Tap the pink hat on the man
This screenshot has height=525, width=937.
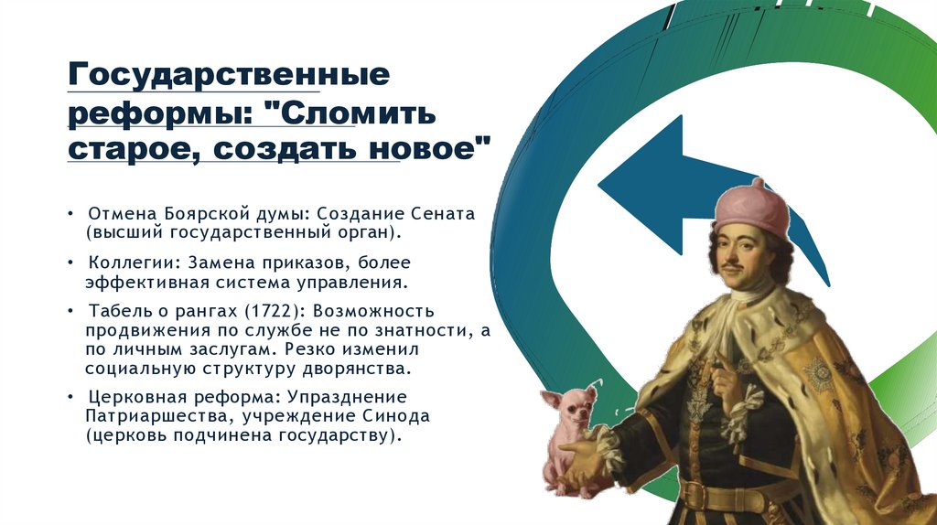point(752,207)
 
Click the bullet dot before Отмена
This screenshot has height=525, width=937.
point(71,214)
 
